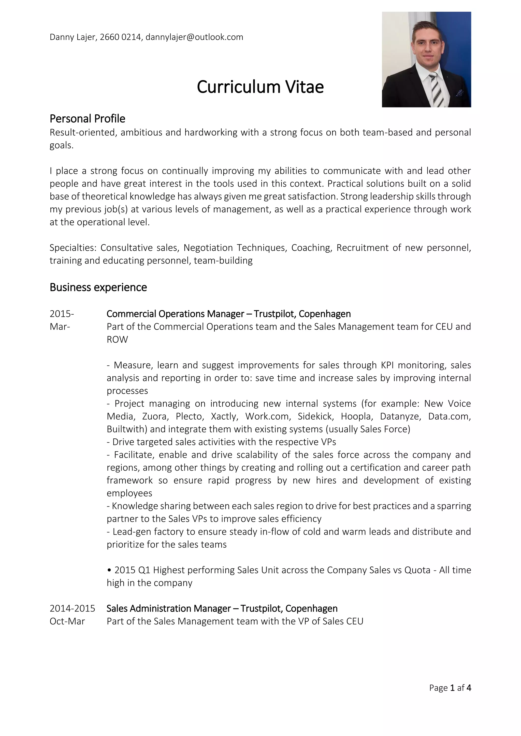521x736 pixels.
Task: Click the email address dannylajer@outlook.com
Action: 194,37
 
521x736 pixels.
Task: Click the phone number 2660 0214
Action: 120,37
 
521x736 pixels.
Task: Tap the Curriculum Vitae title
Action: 260,87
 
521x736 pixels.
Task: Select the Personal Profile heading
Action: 87,119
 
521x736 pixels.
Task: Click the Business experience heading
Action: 98,287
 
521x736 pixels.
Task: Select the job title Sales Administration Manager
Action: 168,608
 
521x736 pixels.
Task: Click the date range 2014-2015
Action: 73,608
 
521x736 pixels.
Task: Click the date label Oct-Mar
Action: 67,621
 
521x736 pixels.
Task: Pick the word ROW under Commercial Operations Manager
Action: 117,340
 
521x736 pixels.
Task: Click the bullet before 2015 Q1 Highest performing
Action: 109,570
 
